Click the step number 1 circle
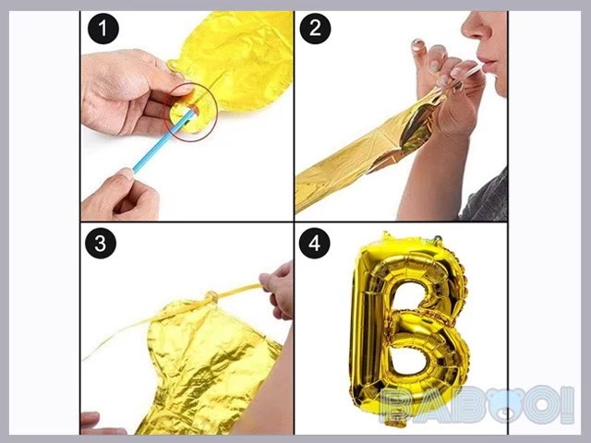(x=103, y=29)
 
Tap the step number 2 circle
(x=315, y=29)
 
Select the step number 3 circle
(x=101, y=244)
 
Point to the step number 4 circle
(x=314, y=244)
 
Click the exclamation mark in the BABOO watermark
(x=567, y=404)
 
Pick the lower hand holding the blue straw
(x=121, y=197)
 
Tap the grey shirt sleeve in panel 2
(x=487, y=198)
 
